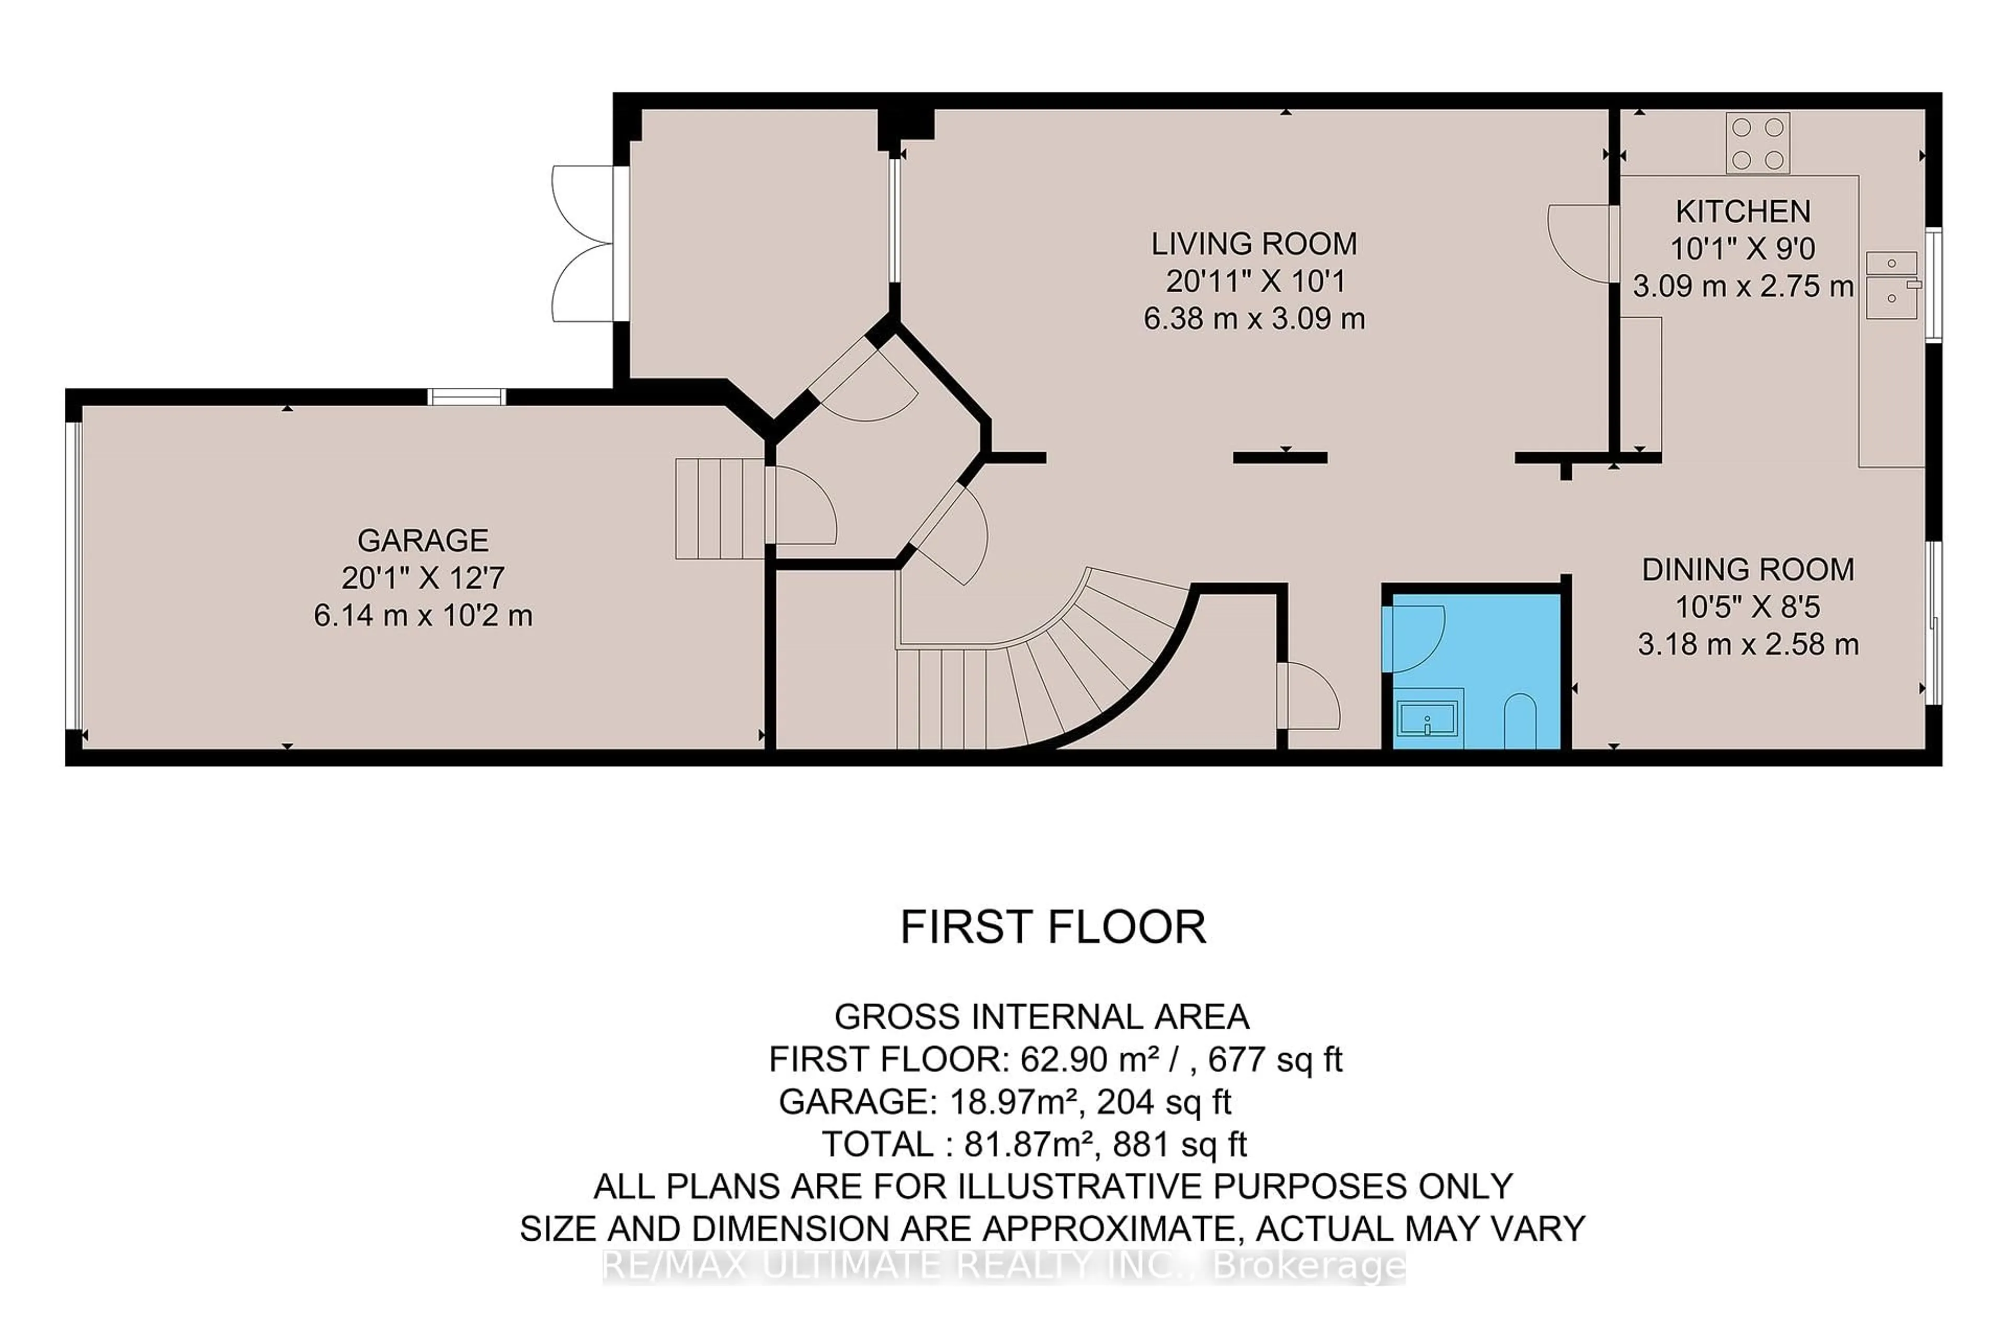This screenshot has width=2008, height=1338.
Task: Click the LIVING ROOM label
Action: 1253,244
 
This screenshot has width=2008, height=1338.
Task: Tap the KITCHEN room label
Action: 1742,211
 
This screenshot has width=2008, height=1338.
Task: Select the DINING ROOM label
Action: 1748,569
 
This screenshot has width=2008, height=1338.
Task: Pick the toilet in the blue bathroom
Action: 1520,722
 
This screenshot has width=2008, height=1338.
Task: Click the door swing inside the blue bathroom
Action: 1413,638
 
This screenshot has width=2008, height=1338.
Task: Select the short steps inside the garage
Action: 719,509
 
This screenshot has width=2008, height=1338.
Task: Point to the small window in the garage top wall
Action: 466,397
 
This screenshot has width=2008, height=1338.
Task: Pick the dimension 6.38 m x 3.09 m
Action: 1253,319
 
